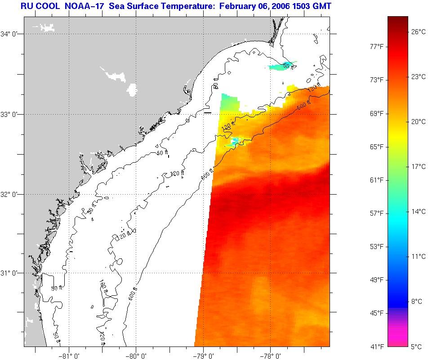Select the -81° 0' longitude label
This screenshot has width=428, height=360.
[x=69, y=355]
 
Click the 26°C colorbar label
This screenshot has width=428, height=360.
[x=418, y=31]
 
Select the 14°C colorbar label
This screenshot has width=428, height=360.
[x=418, y=211]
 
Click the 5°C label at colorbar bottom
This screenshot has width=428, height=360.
[x=416, y=347]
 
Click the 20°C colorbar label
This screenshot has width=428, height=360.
[x=418, y=121]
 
